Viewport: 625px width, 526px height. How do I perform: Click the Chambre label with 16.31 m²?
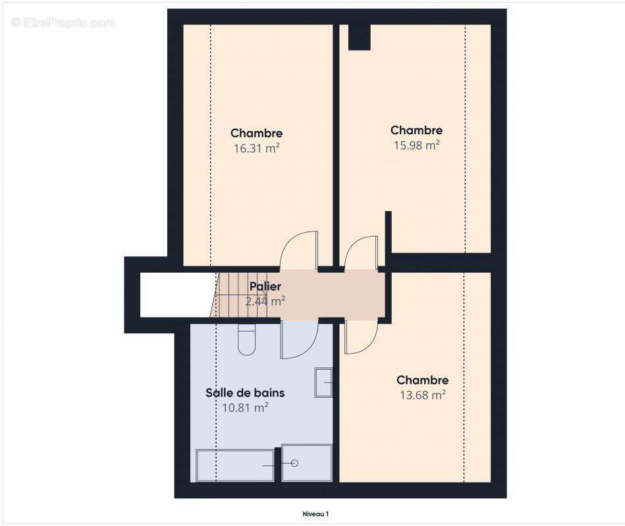tap(256, 133)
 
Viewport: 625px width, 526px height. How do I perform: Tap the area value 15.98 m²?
tap(416, 145)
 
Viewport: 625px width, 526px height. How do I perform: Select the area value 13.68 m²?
tap(422, 395)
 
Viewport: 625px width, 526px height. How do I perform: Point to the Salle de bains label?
tap(245, 393)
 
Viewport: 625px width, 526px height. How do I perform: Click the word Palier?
tap(265, 287)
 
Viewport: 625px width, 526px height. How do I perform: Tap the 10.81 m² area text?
tap(245, 408)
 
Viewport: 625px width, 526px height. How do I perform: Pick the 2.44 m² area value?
tap(265, 301)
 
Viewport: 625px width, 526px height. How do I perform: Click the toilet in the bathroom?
tap(246, 339)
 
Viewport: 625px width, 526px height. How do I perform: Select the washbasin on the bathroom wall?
tap(323, 383)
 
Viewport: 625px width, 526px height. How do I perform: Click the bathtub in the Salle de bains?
tap(234, 465)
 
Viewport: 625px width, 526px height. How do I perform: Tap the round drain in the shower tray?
tap(294, 463)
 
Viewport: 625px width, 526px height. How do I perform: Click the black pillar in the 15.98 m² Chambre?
tap(359, 37)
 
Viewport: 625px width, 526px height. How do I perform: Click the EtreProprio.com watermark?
tap(63, 22)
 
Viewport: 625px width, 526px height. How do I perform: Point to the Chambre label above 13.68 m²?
tap(422, 380)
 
